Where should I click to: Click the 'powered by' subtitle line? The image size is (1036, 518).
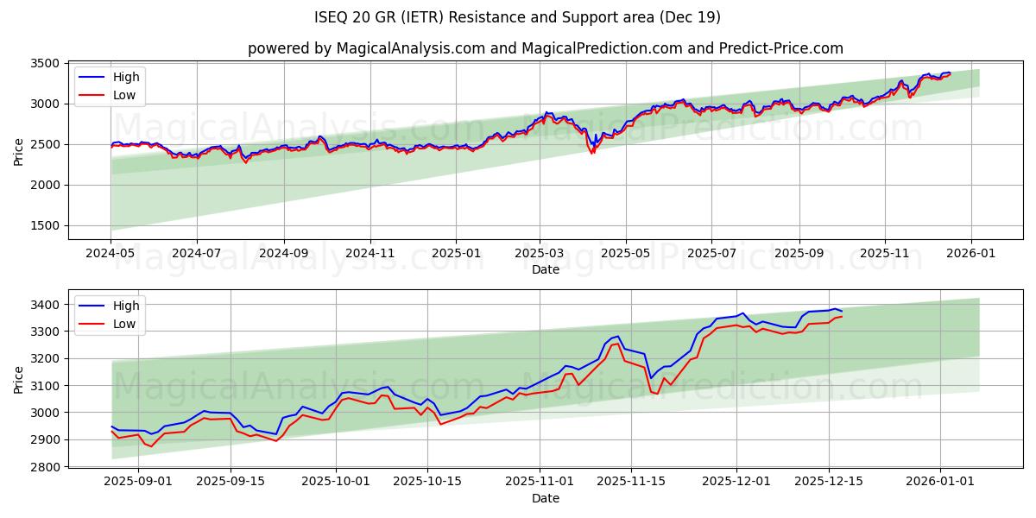point(545,48)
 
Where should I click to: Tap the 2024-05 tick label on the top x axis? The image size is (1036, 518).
point(111,253)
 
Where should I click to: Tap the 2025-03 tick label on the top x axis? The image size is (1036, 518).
point(540,253)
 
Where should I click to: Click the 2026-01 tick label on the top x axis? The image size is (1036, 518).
point(971,253)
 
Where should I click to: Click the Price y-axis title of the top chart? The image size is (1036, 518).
point(19,151)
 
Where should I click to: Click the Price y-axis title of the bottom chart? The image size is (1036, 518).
point(19,379)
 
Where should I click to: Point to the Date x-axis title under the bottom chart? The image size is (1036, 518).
point(545,498)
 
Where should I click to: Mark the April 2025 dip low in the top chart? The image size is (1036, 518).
point(592,154)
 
